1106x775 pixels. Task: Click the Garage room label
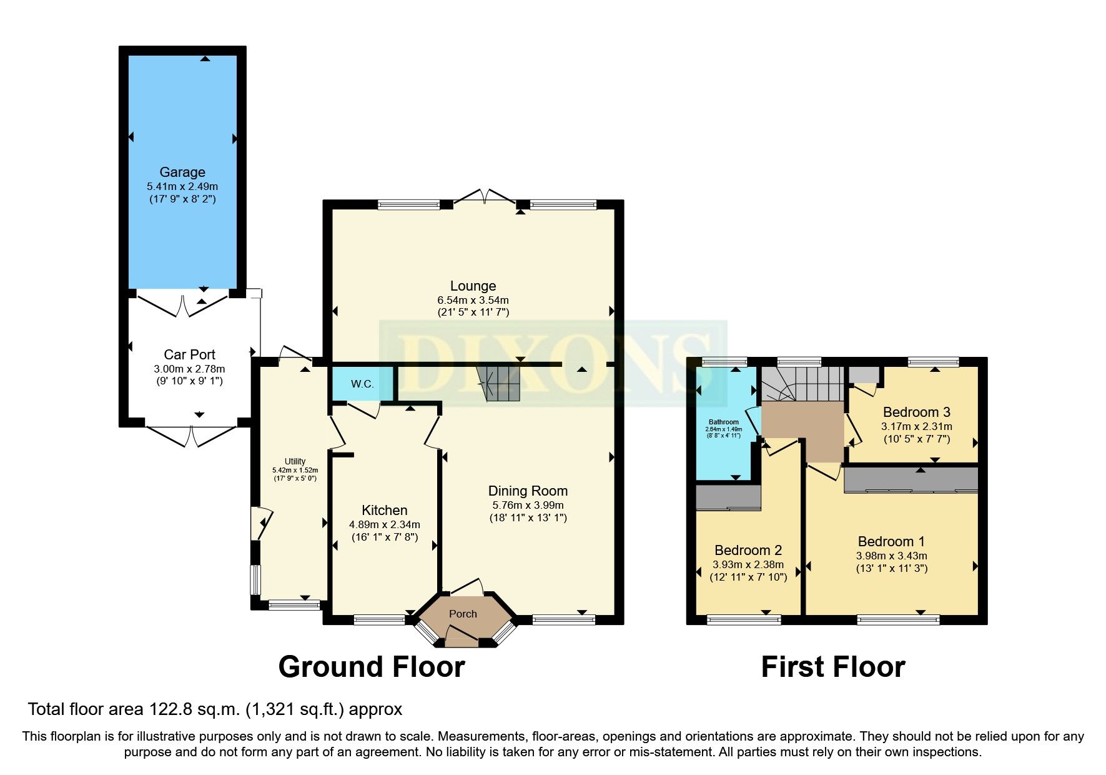(182, 172)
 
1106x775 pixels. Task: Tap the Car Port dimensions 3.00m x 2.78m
(189, 369)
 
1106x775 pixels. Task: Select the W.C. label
(362, 384)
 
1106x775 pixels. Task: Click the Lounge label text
(473, 286)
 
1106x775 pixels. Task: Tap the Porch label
(463, 614)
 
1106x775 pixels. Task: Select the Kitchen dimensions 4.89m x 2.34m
(384, 524)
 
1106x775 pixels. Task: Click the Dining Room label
(528, 491)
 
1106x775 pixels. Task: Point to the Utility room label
(295, 461)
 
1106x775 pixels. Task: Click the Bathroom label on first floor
(723, 422)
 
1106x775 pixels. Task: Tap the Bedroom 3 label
(916, 412)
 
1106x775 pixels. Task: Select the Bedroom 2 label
(748, 550)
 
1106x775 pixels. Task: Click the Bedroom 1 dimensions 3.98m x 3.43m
(891, 556)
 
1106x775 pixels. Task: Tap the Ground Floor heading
(371, 667)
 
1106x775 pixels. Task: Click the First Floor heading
(832, 667)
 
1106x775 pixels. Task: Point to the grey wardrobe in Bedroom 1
(910, 480)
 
